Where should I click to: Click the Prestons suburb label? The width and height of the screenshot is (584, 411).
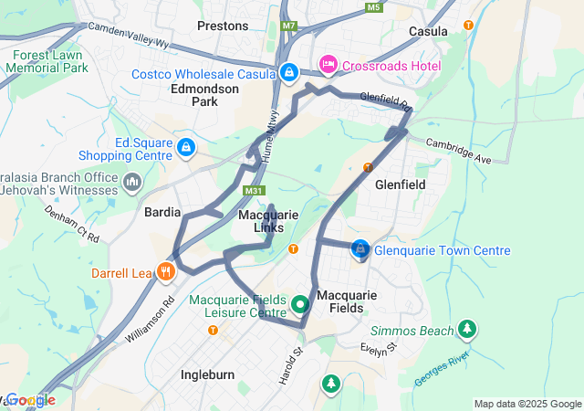[223, 26]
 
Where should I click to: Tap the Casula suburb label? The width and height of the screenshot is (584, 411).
[428, 31]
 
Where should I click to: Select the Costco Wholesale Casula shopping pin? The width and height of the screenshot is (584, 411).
[289, 72]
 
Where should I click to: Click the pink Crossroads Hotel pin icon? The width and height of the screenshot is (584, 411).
[328, 65]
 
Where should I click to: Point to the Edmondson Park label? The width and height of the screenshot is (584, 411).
[205, 95]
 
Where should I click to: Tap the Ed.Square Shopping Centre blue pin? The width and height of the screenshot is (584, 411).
[186, 147]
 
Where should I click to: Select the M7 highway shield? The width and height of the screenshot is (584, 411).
[289, 26]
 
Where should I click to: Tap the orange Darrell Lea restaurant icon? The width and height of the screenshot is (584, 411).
[165, 271]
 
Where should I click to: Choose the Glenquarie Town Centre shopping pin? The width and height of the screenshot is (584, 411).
[361, 248]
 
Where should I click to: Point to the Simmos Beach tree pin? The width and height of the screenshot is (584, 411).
[467, 328]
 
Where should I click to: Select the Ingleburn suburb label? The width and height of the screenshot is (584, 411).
[209, 374]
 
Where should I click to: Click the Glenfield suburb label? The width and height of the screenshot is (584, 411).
[401, 184]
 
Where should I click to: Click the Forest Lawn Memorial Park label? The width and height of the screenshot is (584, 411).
[50, 61]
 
